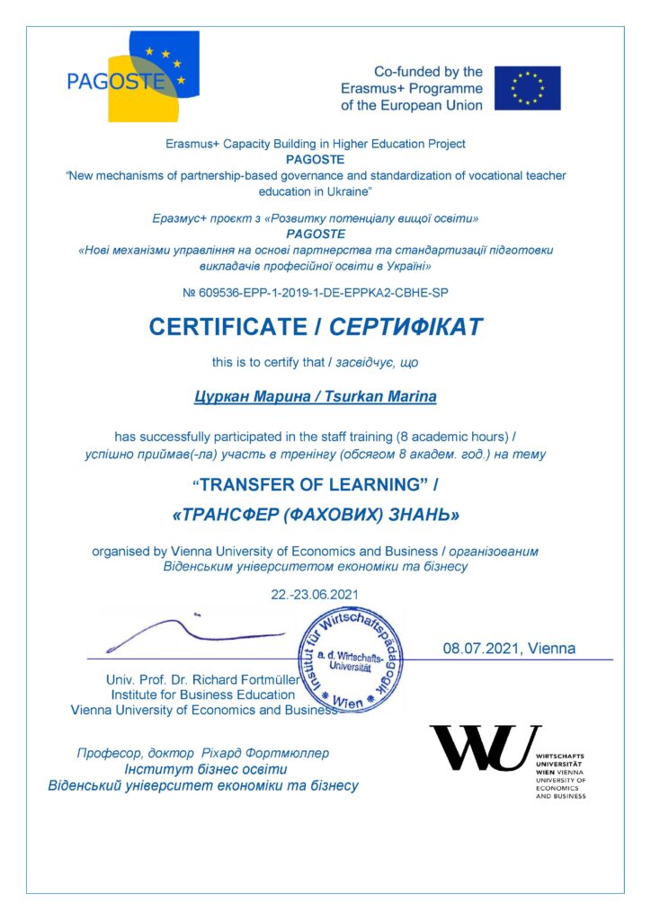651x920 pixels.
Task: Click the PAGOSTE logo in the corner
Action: pyautogui.click(x=133, y=78)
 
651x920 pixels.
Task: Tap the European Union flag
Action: pyautogui.click(x=527, y=88)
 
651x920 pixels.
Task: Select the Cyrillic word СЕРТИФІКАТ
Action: pyautogui.click(x=406, y=327)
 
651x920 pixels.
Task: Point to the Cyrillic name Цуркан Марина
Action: pyautogui.click(x=247, y=396)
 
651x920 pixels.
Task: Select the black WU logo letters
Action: pyautogui.click(x=485, y=747)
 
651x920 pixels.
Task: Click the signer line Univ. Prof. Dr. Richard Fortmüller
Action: pyautogui.click(x=201, y=679)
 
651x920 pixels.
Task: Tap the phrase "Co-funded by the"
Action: pyautogui.click(x=428, y=72)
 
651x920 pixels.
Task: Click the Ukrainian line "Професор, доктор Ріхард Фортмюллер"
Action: pyautogui.click(x=203, y=753)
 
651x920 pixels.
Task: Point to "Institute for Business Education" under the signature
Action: pyautogui.click(x=203, y=694)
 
